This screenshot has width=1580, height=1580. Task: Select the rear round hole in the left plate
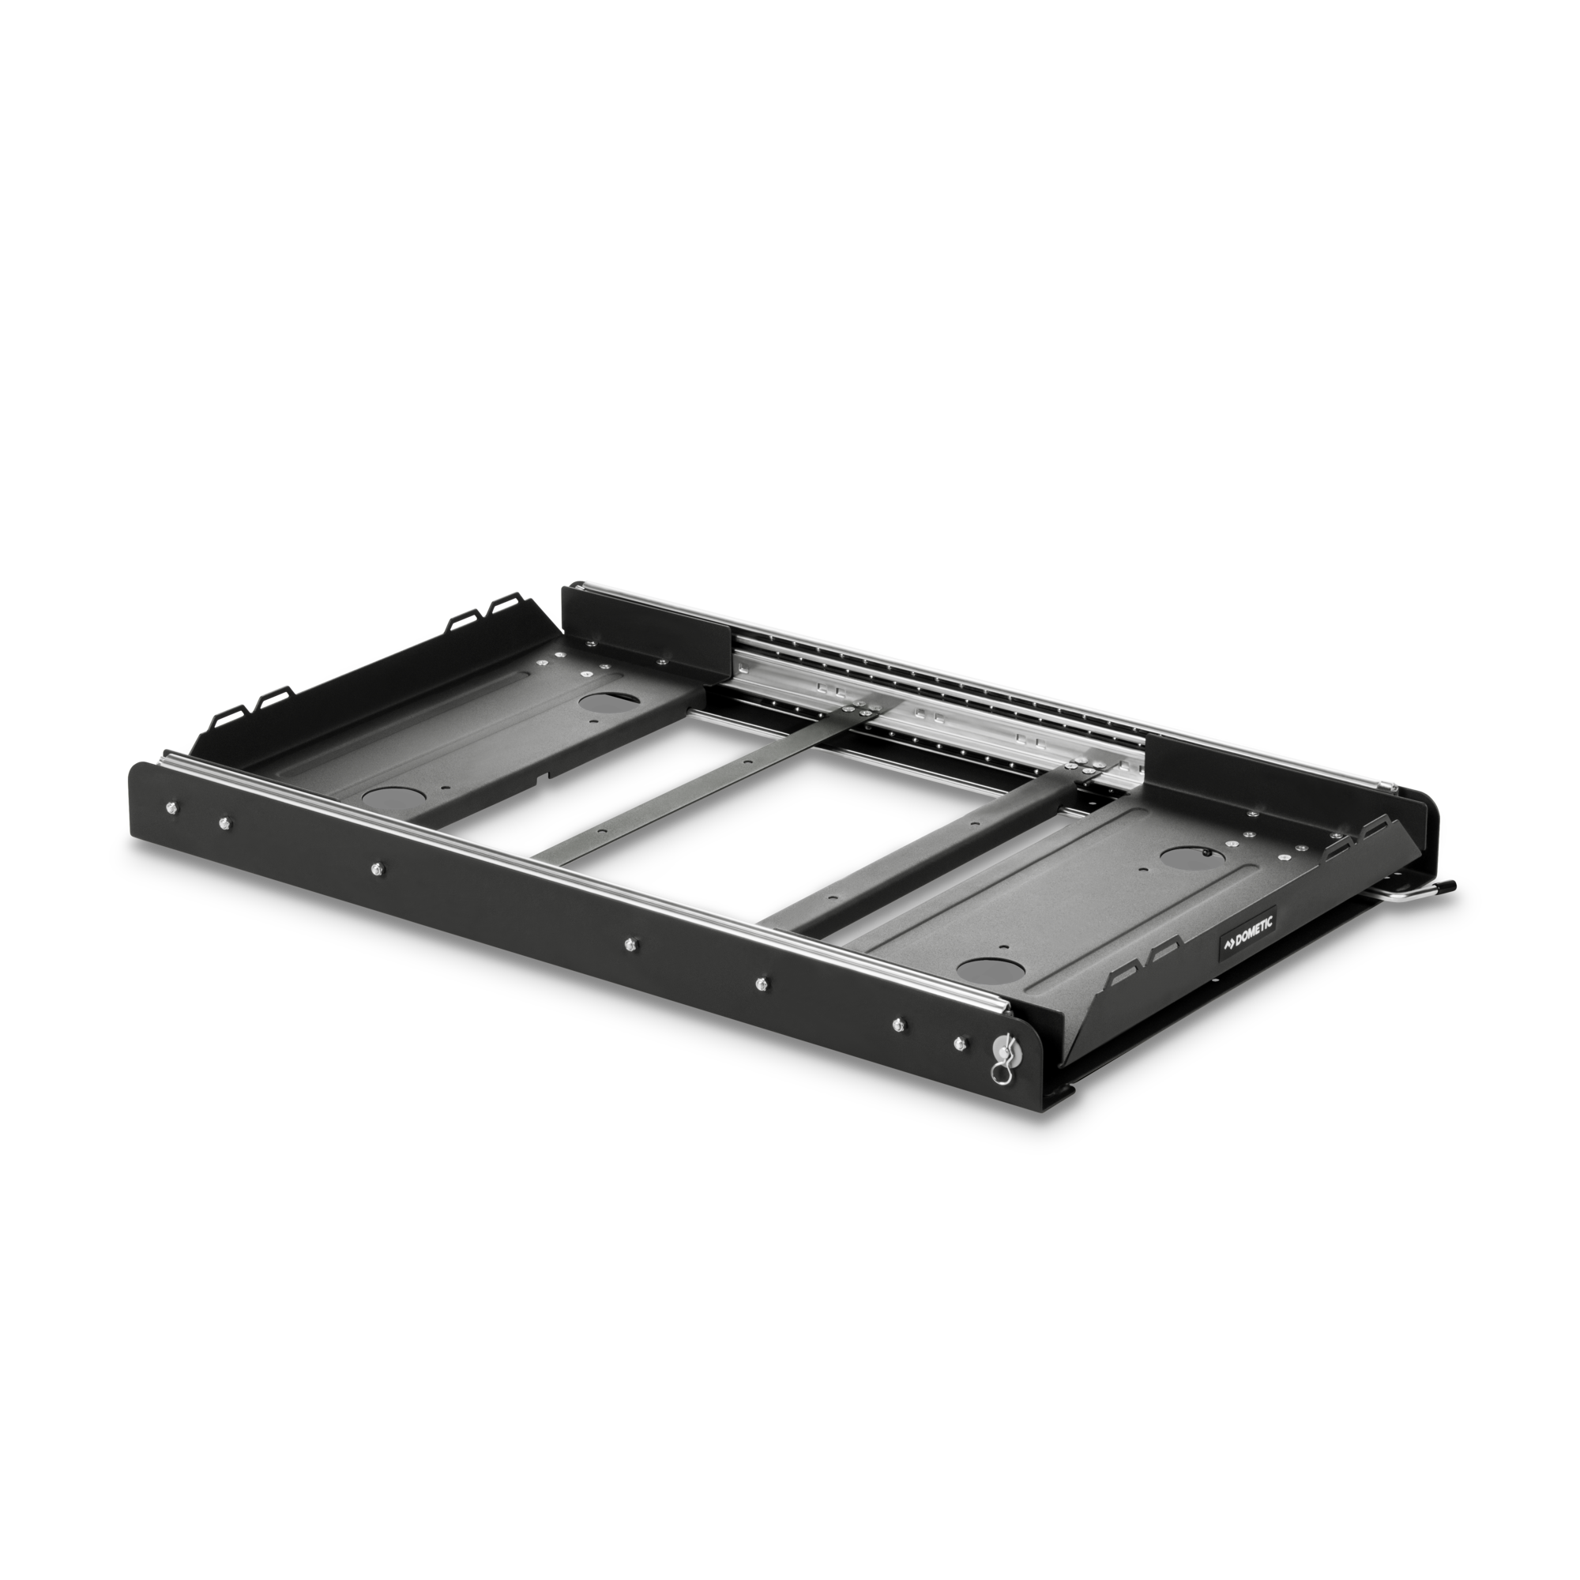tap(602, 702)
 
